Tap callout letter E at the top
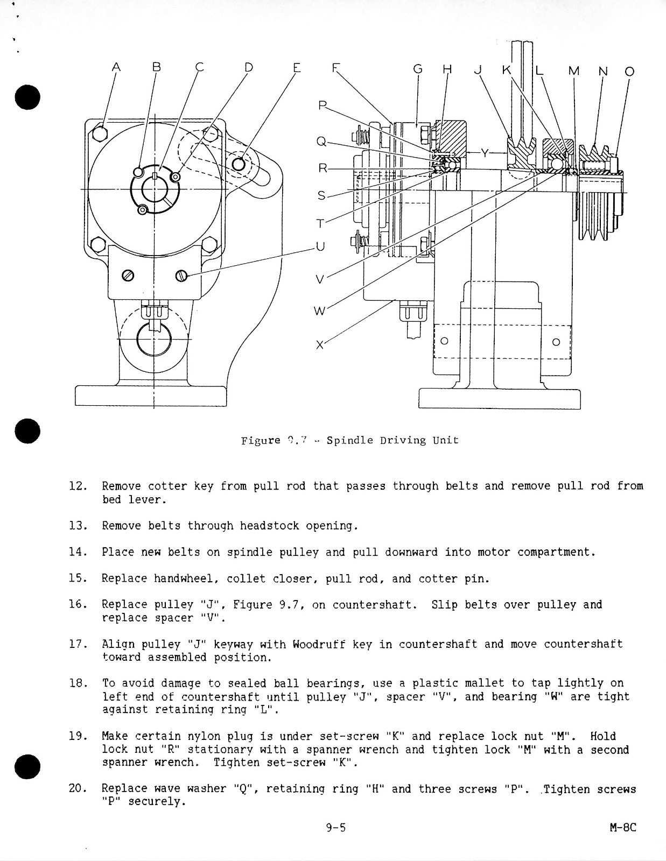click(297, 68)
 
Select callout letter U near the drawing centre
click(320, 246)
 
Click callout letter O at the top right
click(629, 71)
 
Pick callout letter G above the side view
click(418, 69)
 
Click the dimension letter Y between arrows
click(485, 153)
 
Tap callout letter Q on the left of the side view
click(321, 142)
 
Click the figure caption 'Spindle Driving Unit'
click(392, 440)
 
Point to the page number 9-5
click(335, 828)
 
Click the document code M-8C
click(623, 828)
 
